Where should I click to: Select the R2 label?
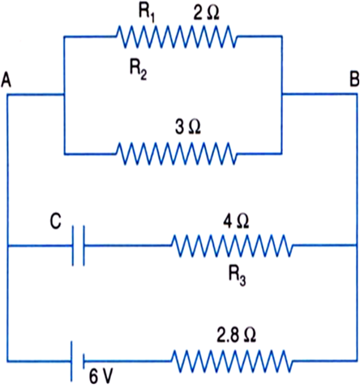139,71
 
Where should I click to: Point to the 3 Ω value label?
188,127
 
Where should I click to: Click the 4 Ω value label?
236,221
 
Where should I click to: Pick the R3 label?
238,277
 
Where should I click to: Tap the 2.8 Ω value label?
237,336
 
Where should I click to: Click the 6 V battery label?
101,376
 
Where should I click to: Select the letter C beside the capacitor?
55,221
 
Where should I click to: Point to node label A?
6,80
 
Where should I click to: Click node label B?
354,79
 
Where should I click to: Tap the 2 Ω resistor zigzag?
176,36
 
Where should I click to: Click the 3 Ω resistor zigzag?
176,154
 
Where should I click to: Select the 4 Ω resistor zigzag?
232,246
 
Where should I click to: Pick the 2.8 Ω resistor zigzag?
232,361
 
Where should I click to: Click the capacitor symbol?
78,246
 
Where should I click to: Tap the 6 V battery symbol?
78,361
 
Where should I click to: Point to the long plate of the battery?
72,361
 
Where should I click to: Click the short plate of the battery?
84,361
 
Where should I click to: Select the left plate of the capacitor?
73,246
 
